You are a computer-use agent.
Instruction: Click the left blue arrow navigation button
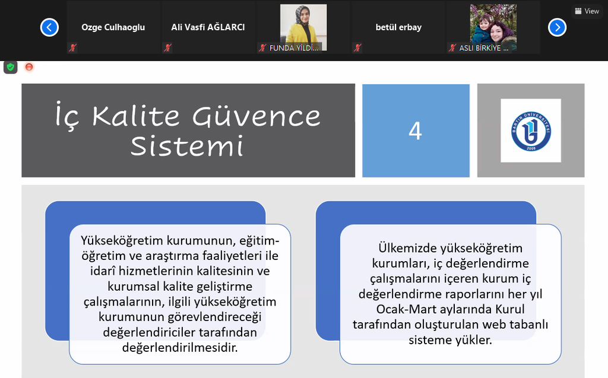tap(49, 27)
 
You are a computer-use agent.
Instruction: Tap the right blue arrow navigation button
tap(557, 27)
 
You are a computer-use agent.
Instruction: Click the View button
tap(587, 11)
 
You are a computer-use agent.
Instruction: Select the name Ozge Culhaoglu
tap(113, 27)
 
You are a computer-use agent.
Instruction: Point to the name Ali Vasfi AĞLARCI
tap(208, 27)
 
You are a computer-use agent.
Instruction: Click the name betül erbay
tap(398, 27)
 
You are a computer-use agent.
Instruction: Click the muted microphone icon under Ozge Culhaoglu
tap(72, 47)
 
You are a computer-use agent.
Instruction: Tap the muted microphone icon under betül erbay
tap(357, 47)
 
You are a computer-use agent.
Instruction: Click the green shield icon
tap(11, 67)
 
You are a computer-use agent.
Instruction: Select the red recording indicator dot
tap(29, 67)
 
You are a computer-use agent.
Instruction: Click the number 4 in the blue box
tap(415, 131)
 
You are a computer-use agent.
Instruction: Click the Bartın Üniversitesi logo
tap(531, 131)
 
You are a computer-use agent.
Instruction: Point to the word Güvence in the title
tap(256, 116)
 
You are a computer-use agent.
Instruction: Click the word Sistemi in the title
tap(187, 146)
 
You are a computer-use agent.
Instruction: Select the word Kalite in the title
tap(136, 116)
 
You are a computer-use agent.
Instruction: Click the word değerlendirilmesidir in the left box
tap(180, 347)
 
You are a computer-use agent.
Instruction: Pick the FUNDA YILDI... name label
tap(293, 47)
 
